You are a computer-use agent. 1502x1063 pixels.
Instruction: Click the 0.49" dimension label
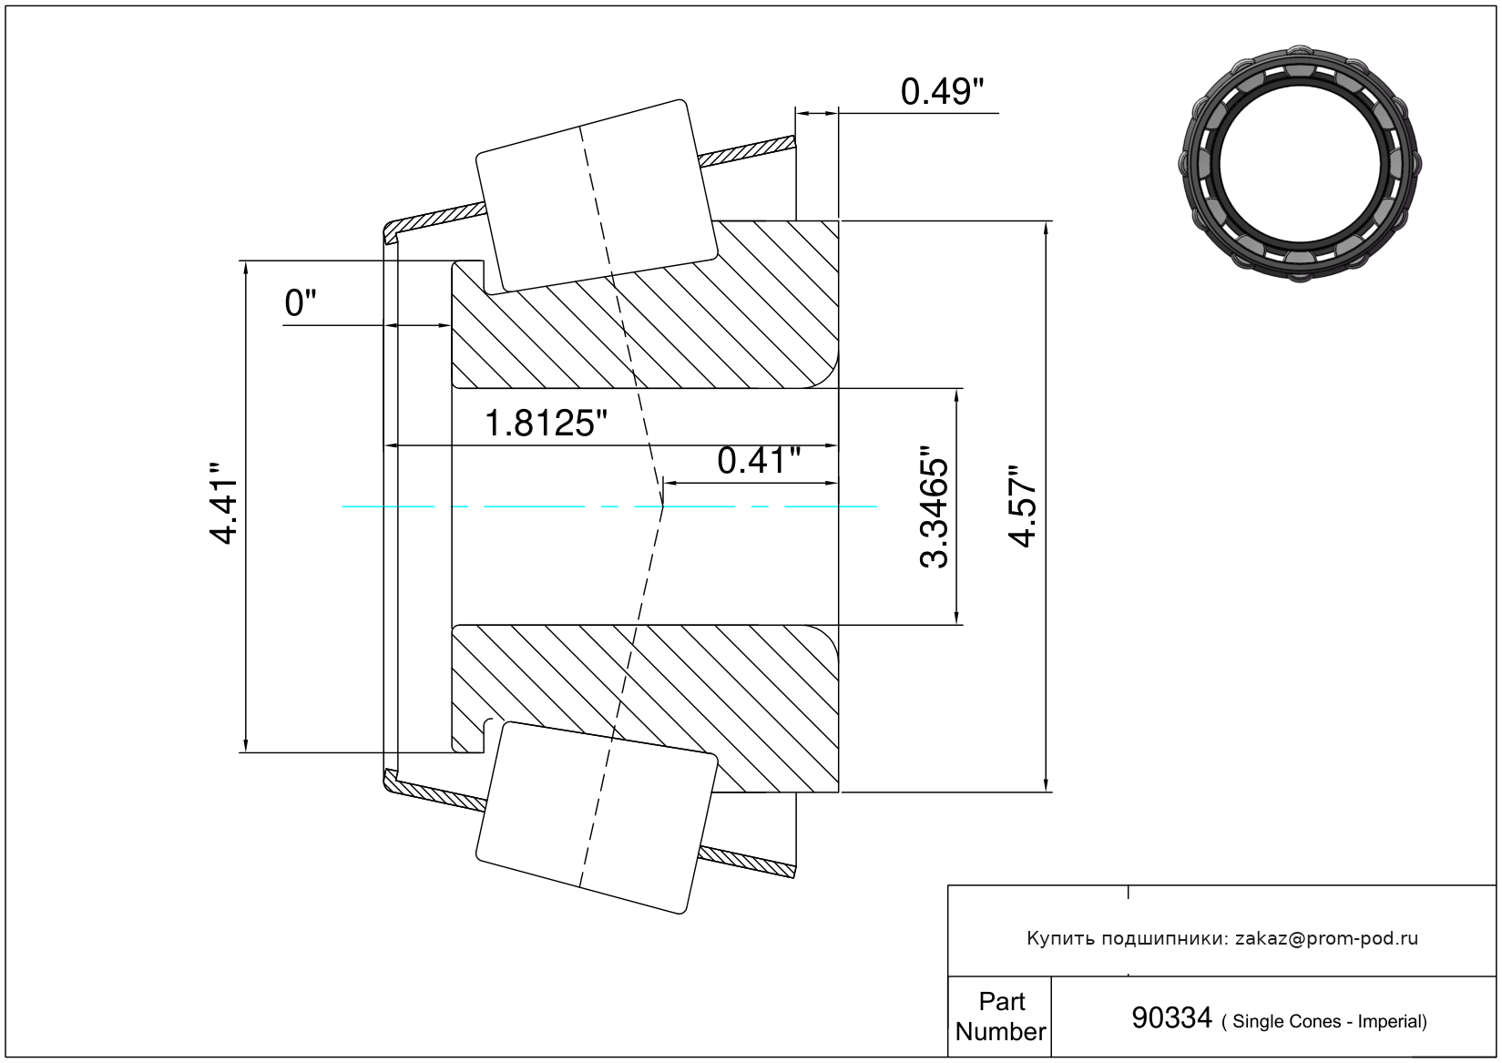point(942,92)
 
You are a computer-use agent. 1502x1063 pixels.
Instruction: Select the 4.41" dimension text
point(223,502)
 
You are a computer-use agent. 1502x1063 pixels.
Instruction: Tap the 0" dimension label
point(300,303)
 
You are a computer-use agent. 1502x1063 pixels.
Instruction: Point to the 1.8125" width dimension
point(545,424)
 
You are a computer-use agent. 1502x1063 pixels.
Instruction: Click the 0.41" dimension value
point(759,461)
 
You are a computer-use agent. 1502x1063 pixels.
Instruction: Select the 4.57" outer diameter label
point(1023,506)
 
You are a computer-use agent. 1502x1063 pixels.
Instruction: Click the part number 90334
point(1171,1017)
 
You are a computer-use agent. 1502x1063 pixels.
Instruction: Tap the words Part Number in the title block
point(1000,1016)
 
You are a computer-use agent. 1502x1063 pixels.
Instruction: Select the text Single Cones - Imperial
point(1325,1021)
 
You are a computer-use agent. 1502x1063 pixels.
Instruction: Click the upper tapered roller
point(597,196)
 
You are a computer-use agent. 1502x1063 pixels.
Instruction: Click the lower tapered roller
point(597,818)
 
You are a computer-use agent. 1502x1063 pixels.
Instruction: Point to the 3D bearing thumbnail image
point(1300,163)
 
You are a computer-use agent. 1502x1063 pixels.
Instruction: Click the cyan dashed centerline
point(609,506)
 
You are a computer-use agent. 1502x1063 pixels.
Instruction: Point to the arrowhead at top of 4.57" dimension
point(1046,228)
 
